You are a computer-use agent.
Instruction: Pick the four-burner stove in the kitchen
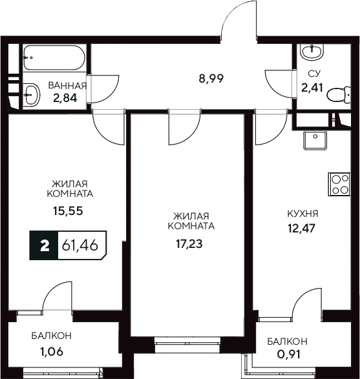click(x=339, y=186)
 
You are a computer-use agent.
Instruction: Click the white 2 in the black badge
click(x=44, y=246)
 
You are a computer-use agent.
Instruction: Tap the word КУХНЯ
click(x=302, y=212)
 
